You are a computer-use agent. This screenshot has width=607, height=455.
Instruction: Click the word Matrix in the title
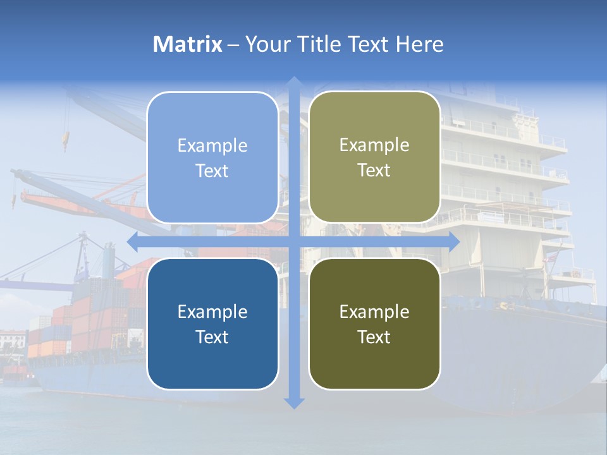pos(188,44)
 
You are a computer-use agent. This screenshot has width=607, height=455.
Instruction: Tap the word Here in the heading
pos(419,44)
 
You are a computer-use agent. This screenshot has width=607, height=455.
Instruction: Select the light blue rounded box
pos(212,158)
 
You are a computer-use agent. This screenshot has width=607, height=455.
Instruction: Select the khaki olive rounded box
pos(374,157)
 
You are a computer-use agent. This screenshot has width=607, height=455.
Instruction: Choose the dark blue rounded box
pos(212,324)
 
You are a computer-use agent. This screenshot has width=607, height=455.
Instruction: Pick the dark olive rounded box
pos(374,324)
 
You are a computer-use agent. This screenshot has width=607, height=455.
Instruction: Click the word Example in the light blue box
pos(212,146)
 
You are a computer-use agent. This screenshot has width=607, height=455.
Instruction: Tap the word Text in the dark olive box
pos(374,337)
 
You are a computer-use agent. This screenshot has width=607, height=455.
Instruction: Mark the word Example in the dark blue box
pos(212,312)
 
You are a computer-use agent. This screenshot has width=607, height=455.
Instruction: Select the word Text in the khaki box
pos(374,170)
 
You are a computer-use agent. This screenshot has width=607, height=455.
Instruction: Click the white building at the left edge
pos(13,341)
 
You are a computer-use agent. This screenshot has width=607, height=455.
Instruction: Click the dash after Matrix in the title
pos(233,45)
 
